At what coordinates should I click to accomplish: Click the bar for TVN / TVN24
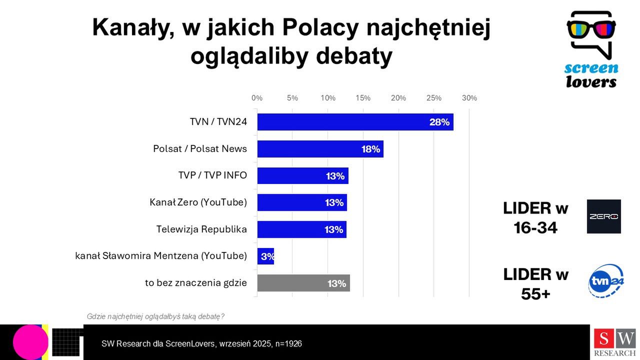tap(355, 122)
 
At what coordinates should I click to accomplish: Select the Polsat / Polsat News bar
tap(320, 149)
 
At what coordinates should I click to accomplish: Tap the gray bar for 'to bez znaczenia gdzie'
tap(303, 283)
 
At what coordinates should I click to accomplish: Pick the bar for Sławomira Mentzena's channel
tap(265, 256)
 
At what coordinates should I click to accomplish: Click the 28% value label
tap(439, 122)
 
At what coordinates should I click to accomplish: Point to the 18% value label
tap(371, 149)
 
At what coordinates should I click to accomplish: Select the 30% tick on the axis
tap(469, 98)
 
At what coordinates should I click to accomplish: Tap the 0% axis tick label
tap(257, 98)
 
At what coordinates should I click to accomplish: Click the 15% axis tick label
tap(363, 98)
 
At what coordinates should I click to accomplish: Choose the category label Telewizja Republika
tap(201, 229)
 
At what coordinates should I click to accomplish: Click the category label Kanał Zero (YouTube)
tap(198, 202)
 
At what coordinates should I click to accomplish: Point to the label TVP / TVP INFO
tap(212, 175)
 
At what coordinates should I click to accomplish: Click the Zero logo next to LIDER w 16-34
tap(603, 216)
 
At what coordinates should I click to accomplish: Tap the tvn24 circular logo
tap(606, 281)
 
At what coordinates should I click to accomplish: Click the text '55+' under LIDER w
tap(535, 294)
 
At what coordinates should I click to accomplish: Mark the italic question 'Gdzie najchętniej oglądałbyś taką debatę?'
tap(155, 316)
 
